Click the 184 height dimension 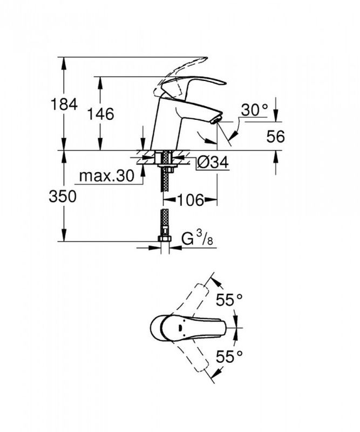(64, 104)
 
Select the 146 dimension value (100, 114)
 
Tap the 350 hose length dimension (63, 197)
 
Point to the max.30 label (106, 175)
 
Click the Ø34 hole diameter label (213, 162)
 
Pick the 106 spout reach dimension (191, 200)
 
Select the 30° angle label (255, 110)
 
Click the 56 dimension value (275, 136)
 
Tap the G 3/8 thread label (198, 239)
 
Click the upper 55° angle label (229, 300)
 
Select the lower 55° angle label (229, 356)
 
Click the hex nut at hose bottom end (165, 239)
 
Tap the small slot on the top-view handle (180, 328)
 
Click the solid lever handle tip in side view (222, 82)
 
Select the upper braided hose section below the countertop (165, 171)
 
